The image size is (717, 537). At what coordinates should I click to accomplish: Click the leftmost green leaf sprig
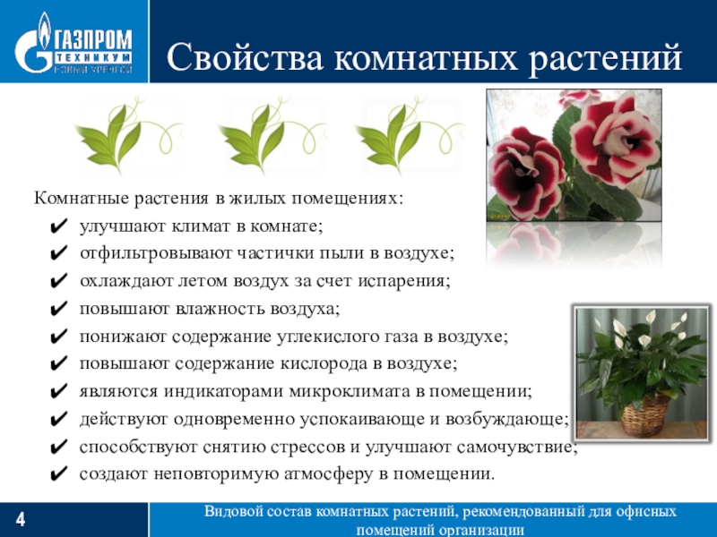pyautogui.click(x=121, y=133)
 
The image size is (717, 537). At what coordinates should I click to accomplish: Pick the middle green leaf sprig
pyautogui.click(x=263, y=133)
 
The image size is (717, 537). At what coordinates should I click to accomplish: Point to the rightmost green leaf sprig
pyautogui.click(x=400, y=133)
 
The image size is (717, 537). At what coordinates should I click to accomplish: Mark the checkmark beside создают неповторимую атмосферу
pyautogui.click(x=58, y=474)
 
